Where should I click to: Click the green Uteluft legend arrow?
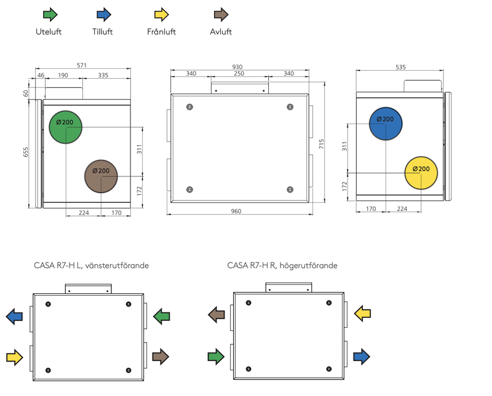[50, 14]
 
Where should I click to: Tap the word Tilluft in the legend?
[102, 32]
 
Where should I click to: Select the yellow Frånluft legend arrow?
[162, 14]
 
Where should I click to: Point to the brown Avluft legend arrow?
[221, 14]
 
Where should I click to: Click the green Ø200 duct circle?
[66, 127]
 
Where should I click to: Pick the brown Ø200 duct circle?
[101, 176]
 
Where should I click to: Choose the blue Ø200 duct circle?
[386, 124]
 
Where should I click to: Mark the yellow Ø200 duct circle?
[421, 173]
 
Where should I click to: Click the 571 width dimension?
[82, 65]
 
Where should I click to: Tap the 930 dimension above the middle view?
[237, 67]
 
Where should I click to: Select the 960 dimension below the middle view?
[236, 211]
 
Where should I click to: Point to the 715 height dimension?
[321, 144]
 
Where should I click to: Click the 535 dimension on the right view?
[400, 67]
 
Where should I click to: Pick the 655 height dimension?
[25, 152]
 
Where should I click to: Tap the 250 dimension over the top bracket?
[239, 73]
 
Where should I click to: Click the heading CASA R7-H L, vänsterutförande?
[91, 266]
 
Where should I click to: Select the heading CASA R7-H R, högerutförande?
[282, 266]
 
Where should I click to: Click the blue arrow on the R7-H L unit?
[14, 316]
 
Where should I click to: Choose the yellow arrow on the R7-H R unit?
[362, 314]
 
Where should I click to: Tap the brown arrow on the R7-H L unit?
[161, 357]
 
